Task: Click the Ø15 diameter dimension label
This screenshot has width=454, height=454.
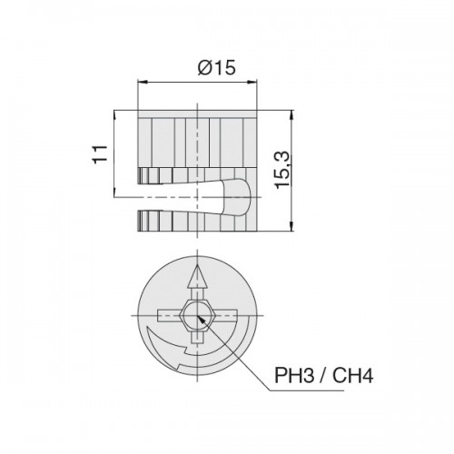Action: pyautogui.click(x=216, y=67)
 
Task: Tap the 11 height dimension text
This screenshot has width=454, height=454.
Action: pyautogui.click(x=100, y=154)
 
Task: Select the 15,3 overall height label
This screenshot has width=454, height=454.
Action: pyautogui.click(x=283, y=171)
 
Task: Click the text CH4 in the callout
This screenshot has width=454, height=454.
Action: pyautogui.click(x=352, y=375)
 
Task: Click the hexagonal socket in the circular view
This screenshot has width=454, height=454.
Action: pyautogui.click(x=197, y=316)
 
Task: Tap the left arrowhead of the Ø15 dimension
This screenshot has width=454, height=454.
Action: pyautogui.click(x=143, y=82)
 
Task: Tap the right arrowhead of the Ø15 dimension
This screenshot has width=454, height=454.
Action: pyautogui.click(x=252, y=82)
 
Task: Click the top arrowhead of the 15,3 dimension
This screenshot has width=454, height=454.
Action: pyautogui.click(x=291, y=115)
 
